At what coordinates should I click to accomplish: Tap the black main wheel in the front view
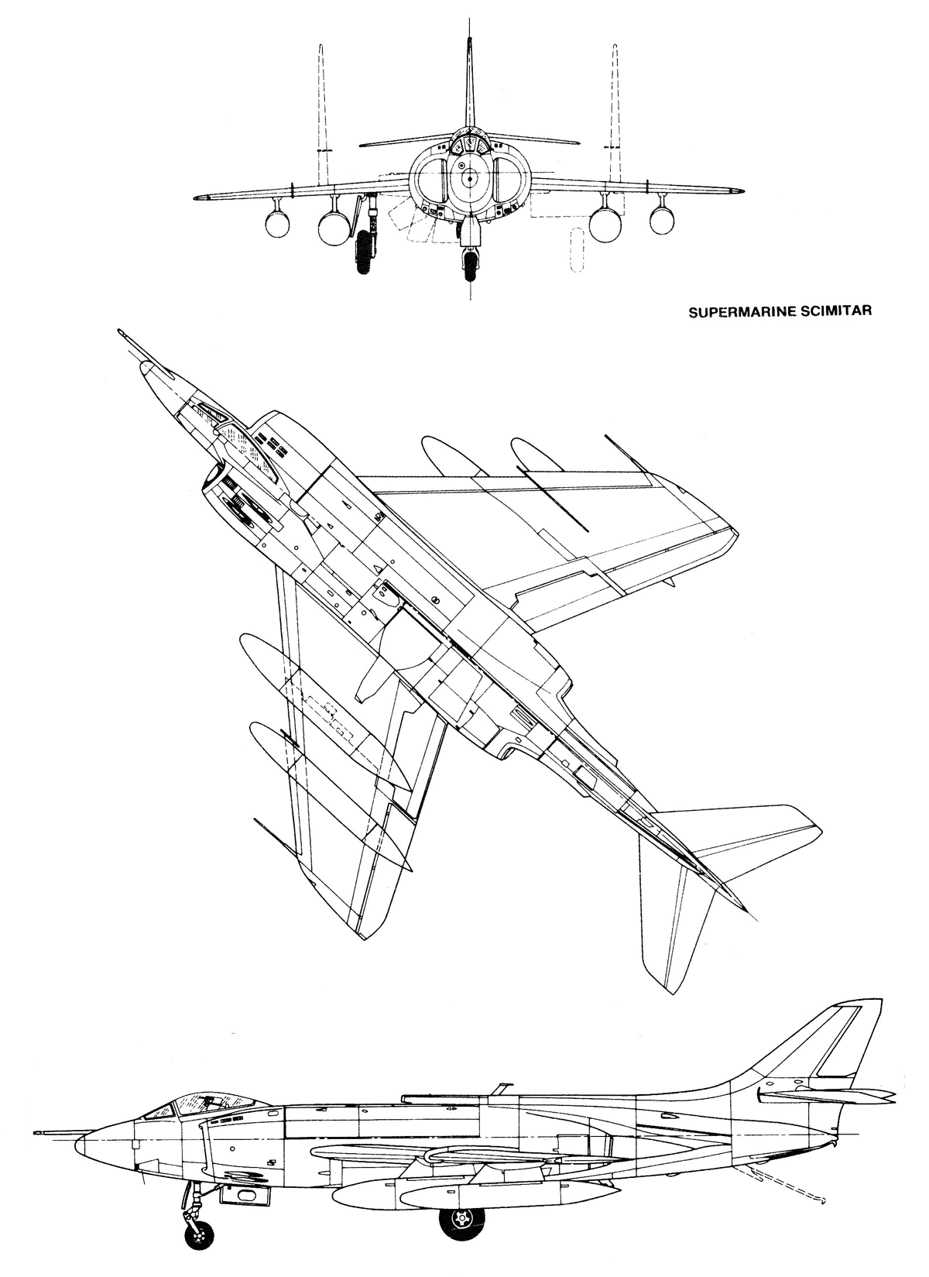point(364,252)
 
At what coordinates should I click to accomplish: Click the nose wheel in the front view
point(470,266)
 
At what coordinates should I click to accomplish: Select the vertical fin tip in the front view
point(469,39)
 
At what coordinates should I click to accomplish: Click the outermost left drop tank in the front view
point(278,224)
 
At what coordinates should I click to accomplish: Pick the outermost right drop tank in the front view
point(662,221)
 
